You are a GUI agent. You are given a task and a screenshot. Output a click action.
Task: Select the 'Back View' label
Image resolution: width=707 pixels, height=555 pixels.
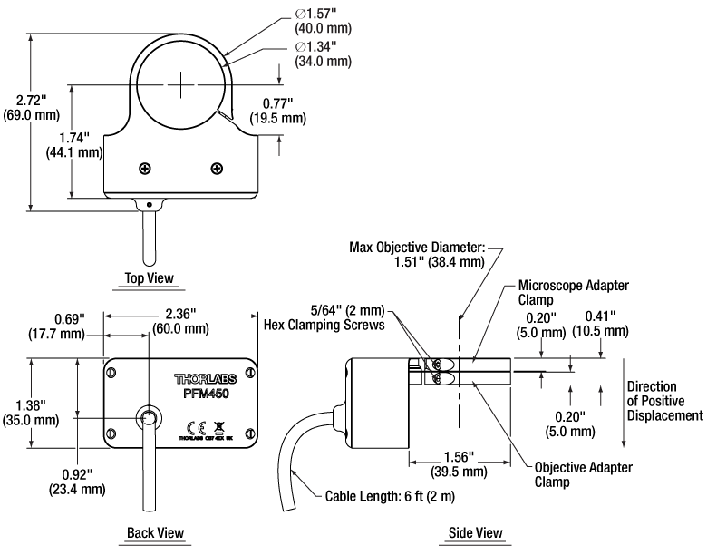(x=152, y=532)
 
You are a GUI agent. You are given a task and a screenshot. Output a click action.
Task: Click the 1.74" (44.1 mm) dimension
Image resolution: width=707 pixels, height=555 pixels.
(x=74, y=144)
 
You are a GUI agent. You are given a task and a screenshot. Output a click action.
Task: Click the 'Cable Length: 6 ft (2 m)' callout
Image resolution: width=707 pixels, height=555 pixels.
(x=390, y=496)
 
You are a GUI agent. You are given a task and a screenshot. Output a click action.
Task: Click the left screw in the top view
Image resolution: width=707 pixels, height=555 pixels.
(x=144, y=168)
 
